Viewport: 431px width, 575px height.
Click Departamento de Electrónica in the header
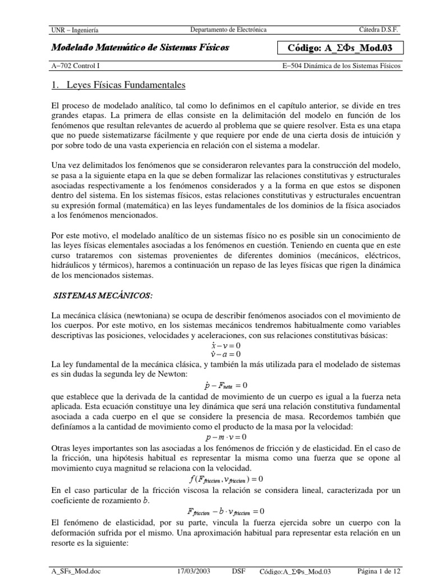pyautogui.click(x=228, y=29)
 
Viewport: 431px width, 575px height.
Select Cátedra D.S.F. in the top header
pyautogui.click(x=379, y=30)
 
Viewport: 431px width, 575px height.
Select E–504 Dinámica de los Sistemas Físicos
pyautogui.click(x=342, y=66)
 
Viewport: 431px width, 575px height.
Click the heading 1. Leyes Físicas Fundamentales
pyautogui.click(x=118, y=85)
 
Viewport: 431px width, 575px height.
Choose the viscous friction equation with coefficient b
pyautogui.click(x=225, y=512)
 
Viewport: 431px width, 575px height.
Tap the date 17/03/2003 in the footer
pyautogui.click(x=193, y=570)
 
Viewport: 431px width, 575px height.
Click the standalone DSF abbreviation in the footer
pyautogui.click(x=239, y=570)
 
